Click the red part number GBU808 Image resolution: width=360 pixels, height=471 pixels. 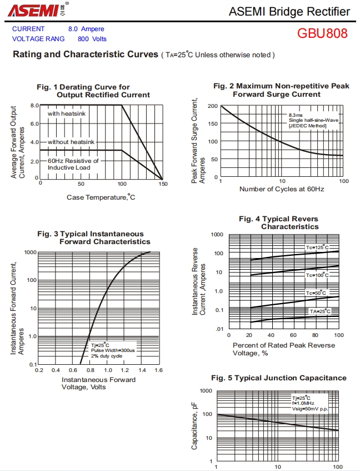tap(322, 33)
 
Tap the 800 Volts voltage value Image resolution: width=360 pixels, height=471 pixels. tap(92, 39)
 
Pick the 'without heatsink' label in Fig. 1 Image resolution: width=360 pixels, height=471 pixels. tap(71, 142)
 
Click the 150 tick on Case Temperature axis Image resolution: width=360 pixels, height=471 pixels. tap(162, 184)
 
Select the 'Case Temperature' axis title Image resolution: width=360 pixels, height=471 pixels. tap(101, 197)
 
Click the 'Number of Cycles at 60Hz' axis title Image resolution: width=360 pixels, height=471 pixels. tap(282, 189)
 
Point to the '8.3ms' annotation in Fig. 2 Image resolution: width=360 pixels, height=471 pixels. tap(296, 115)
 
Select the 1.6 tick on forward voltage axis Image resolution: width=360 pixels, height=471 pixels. tap(158, 370)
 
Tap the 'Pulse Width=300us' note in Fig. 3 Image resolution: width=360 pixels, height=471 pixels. tap(113, 350)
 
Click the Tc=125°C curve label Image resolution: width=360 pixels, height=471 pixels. tap(317, 247)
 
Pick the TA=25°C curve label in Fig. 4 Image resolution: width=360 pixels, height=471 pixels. tap(320, 311)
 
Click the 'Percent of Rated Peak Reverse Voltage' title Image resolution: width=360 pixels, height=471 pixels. tap(284, 349)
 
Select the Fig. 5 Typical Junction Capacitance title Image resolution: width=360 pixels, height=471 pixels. tap(278, 378)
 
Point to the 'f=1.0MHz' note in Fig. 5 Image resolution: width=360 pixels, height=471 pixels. tap(303, 403)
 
